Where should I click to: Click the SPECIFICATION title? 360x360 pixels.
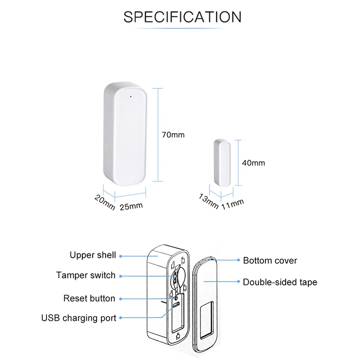click(x=182, y=17)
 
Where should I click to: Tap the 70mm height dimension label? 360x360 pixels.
click(x=173, y=135)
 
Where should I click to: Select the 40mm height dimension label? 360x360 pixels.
click(x=253, y=163)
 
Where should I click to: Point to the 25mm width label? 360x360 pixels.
click(x=131, y=207)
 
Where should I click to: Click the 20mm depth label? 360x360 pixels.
click(x=105, y=202)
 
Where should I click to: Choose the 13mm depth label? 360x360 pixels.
click(x=208, y=202)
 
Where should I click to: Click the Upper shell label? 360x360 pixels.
click(x=93, y=256)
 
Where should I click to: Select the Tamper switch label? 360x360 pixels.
click(x=85, y=275)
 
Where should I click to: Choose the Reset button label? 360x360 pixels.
click(x=89, y=298)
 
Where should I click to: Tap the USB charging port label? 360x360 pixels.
click(x=79, y=318)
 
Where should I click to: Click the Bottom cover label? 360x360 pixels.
click(x=270, y=261)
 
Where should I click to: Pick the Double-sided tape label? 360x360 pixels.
click(x=280, y=283)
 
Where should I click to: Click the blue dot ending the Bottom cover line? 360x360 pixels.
click(x=238, y=260)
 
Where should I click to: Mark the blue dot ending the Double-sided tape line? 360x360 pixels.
click(x=238, y=282)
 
